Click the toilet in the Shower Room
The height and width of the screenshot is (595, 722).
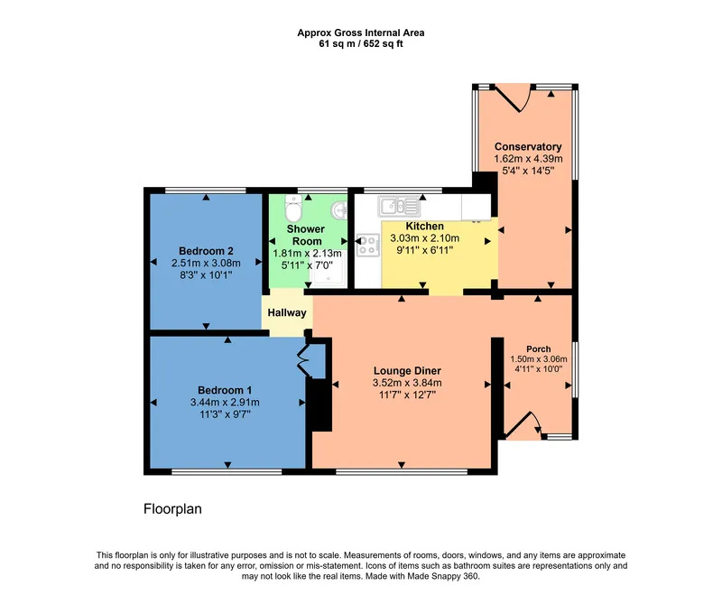coord(292,208)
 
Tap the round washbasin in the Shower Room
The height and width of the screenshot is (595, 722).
coord(339,210)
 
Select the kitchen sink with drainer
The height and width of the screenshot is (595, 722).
coord(399,206)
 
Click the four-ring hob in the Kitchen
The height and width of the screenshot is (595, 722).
coord(367,245)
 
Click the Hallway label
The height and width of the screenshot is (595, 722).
coord(287,312)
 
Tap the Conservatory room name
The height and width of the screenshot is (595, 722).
coord(528,147)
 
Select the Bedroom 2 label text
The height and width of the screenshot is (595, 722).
coord(206,251)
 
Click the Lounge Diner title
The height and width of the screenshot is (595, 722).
coord(407,371)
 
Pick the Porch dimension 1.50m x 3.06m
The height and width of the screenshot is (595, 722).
coord(539,359)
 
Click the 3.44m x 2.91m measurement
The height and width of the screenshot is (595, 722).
coord(225,402)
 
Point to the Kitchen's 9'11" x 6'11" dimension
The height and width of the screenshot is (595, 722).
coord(424,250)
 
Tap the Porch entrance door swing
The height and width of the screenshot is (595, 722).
coord(523,423)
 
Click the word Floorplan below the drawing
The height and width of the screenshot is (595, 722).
coord(172,509)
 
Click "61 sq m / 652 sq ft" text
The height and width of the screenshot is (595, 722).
coord(361,44)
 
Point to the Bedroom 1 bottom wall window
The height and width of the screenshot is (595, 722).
coord(227,471)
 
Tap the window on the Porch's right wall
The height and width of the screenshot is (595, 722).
coord(575,370)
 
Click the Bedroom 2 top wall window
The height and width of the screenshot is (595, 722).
coord(206,191)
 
